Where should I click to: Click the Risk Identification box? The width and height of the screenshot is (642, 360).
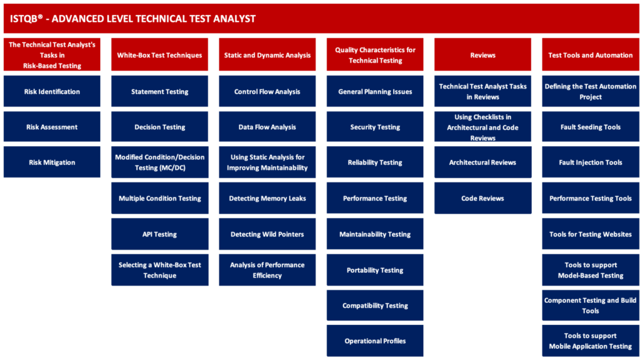click(x=52, y=92)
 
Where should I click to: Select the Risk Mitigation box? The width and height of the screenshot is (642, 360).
click(x=52, y=162)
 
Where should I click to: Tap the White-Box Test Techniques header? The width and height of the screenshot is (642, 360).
click(x=160, y=55)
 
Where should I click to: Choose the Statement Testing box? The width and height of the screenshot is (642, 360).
click(x=160, y=92)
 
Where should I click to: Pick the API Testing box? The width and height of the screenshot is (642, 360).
click(x=160, y=234)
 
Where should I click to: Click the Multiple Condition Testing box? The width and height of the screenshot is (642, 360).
click(x=160, y=198)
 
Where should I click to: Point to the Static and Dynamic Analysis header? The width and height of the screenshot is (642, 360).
click(x=267, y=55)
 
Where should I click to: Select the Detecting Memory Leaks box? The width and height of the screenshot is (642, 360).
click(x=267, y=198)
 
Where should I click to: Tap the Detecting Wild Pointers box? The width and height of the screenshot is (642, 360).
click(x=267, y=234)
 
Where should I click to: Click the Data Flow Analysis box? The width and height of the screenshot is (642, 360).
click(x=267, y=127)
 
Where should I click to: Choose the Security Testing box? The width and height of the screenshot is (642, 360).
click(x=375, y=127)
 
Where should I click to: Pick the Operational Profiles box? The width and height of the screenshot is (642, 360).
click(x=375, y=341)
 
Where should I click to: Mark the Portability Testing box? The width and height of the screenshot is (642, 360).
click(x=375, y=270)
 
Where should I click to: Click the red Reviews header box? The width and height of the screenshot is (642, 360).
click(x=483, y=55)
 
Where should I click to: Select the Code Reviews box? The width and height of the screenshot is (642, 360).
click(x=483, y=198)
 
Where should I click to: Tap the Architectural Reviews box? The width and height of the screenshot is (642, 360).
click(x=483, y=162)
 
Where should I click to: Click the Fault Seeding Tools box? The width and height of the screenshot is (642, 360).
click(x=591, y=127)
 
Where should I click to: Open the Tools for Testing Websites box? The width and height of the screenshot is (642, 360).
click(x=591, y=234)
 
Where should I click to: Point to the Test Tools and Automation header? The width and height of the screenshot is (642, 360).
click(x=591, y=55)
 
